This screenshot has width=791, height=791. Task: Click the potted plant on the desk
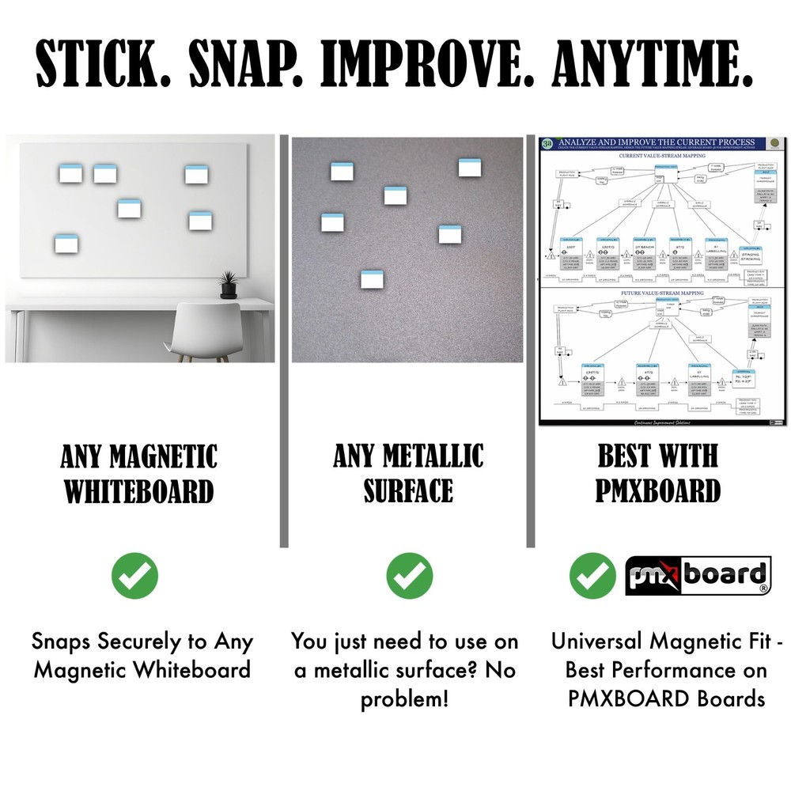(x=229, y=284)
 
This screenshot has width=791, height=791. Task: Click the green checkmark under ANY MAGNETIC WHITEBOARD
(x=134, y=575)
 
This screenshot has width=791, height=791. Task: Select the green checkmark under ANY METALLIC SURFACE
(x=409, y=575)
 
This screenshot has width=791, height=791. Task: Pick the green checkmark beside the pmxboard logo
(x=592, y=575)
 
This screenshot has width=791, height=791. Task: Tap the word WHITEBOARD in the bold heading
(x=139, y=491)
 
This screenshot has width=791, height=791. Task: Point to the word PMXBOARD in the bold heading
(x=658, y=491)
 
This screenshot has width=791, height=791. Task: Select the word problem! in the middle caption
(x=404, y=699)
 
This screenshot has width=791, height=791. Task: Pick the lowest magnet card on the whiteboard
(x=66, y=244)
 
